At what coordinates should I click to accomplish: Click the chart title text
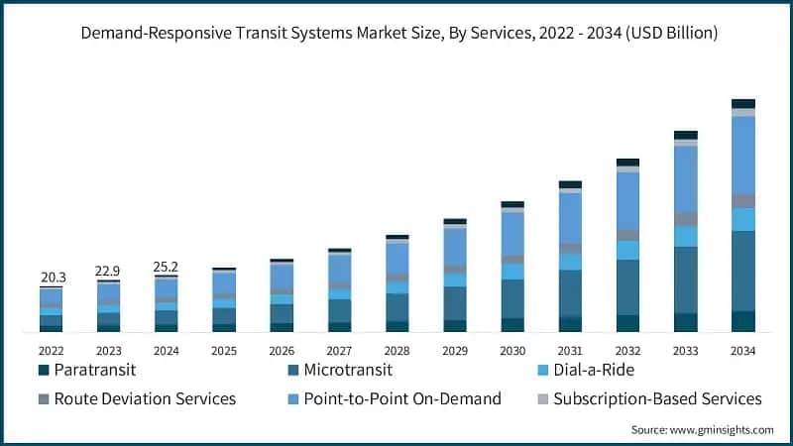click(x=396, y=34)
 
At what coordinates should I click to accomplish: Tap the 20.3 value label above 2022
click(x=53, y=277)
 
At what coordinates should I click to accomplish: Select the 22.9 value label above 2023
click(x=108, y=271)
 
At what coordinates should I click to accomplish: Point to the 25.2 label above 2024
click(x=166, y=267)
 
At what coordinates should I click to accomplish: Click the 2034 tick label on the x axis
click(x=742, y=350)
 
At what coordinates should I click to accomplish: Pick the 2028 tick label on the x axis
click(x=396, y=350)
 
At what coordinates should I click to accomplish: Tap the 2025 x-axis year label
click(x=223, y=350)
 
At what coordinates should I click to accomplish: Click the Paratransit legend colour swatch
click(x=44, y=371)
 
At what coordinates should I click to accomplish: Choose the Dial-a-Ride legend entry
click(x=594, y=370)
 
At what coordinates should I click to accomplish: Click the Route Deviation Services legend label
click(x=145, y=398)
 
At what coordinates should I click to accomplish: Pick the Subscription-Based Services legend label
click(x=657, y=398)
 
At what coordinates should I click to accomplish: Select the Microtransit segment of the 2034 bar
click(x=743, y=271)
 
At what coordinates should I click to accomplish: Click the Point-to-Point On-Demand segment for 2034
click(x=743, y=155)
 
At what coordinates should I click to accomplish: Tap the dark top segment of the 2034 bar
click(x=743, y=103)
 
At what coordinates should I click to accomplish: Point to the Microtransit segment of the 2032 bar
click(x=627, y=287)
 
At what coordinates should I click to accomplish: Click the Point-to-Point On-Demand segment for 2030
click(x=512, y=234)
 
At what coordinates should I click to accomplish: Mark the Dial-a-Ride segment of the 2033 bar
click(x=686, y=236)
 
